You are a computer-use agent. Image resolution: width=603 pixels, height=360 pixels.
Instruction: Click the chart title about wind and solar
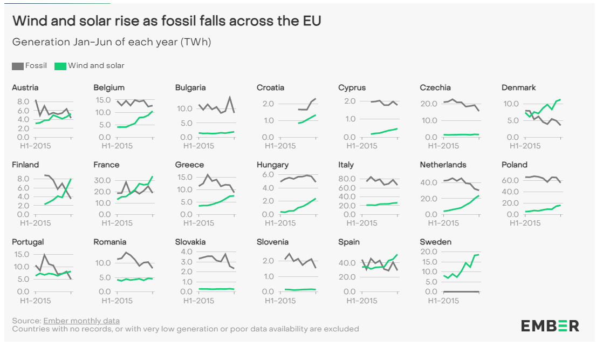pyautogui.click(x=167, y=21)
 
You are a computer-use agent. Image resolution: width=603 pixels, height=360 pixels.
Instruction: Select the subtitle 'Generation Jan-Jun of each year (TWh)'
pyautogui.click(x=112, y=42)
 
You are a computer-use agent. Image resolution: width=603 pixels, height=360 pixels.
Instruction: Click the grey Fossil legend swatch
pyautogui.click(x=17, y=66)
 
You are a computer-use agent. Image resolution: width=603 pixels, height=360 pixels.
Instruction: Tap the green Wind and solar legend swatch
pyautogui.click(x=60, y=66)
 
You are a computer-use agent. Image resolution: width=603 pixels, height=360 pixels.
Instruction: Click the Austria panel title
pyautogui.click(x=25, y=87)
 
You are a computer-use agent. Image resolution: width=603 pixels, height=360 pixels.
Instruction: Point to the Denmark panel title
pyautogui.click(x=519, y=87)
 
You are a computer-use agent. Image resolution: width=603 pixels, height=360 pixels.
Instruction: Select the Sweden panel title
pyautogui.click(x=435, y=242)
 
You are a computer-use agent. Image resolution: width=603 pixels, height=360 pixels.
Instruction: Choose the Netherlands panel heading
pyautogui.click(x=443, y=165)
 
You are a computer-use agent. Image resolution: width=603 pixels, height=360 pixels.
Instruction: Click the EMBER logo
pyautogui.click(x=550, y=325)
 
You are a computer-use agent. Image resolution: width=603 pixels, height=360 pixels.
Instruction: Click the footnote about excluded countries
pyautogui.click(x=185, y=329)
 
